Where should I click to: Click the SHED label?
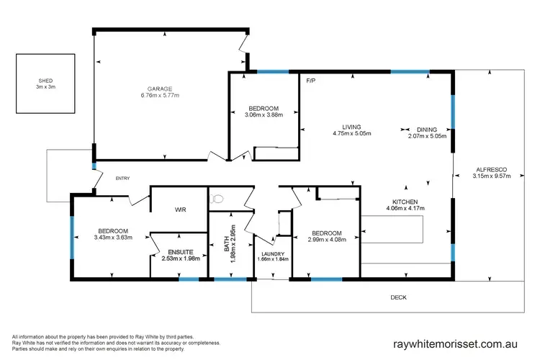45,81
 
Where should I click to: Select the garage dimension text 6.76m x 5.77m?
160,95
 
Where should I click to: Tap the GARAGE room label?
160,88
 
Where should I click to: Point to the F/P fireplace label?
312,80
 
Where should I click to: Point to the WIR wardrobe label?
181,210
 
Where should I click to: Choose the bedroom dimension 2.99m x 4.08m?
326,240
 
